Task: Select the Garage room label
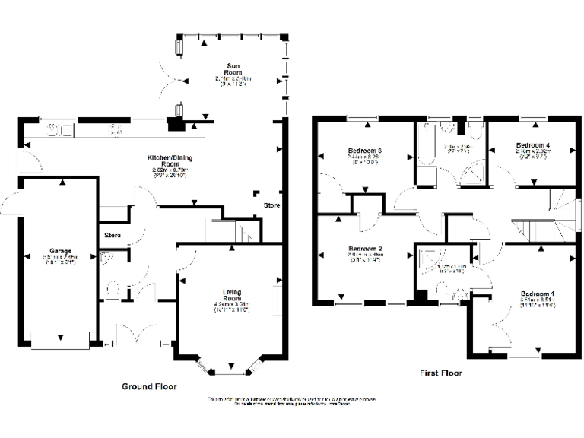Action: (61, 250)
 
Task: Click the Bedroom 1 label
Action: (537, 294)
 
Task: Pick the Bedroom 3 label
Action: (364, 151)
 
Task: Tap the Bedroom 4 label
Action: (532, 144)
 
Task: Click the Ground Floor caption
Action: (149, 386)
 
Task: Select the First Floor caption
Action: (441, 373)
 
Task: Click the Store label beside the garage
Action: (113, 235)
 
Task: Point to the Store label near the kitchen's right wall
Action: (271, 206)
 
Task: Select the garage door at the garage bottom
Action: (61, 339)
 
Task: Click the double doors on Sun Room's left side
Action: (168, 76)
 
